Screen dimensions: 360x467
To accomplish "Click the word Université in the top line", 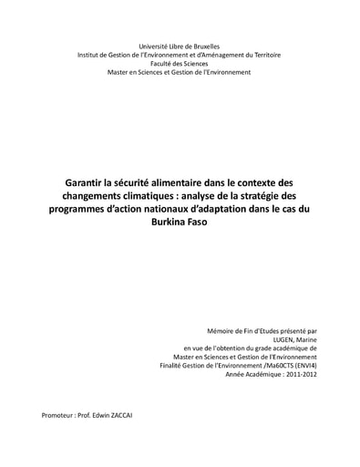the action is tap(154, 46).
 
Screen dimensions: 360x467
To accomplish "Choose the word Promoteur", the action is tap(59, 415).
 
